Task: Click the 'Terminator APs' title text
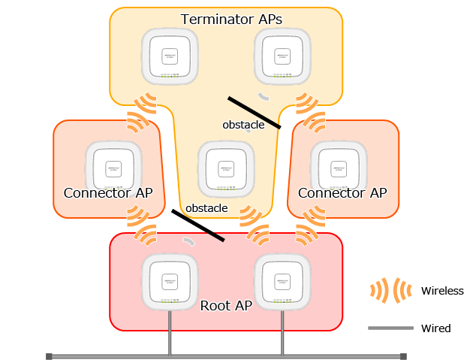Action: point(231,19)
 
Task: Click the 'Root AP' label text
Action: point(226,306)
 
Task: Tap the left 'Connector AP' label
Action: point(108,193)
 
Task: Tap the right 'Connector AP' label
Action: point(342,193)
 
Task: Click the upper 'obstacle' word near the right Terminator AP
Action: point(243,125)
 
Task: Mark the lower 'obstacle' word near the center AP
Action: point(206,207)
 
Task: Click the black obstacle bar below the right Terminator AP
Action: point(255,113)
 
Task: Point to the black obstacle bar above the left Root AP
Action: point(198,225)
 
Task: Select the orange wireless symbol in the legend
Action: point(390,291)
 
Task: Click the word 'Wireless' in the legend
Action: point(442,291)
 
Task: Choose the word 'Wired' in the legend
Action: point(435,328)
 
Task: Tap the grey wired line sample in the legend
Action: point(390,328)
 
